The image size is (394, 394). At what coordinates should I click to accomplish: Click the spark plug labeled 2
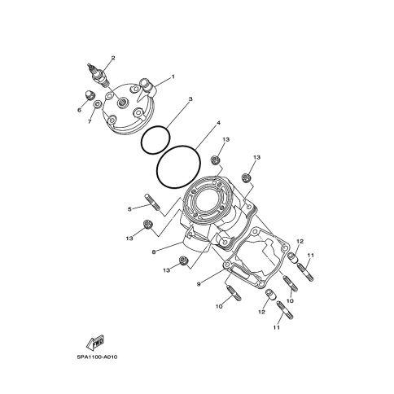(98, 74)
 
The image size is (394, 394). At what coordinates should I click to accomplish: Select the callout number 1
(173, 77)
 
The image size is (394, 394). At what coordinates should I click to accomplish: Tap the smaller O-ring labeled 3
(155, 140)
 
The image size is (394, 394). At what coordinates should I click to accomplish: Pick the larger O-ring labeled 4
(178, 167)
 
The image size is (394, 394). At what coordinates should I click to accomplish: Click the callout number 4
(218, 123)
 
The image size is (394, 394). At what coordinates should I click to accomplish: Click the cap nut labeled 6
(90, 95)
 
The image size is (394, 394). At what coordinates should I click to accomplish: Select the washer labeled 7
(98, 104)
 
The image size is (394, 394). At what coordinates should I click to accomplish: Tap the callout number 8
(154, 252)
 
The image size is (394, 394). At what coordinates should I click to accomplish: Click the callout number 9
(199, 284)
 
